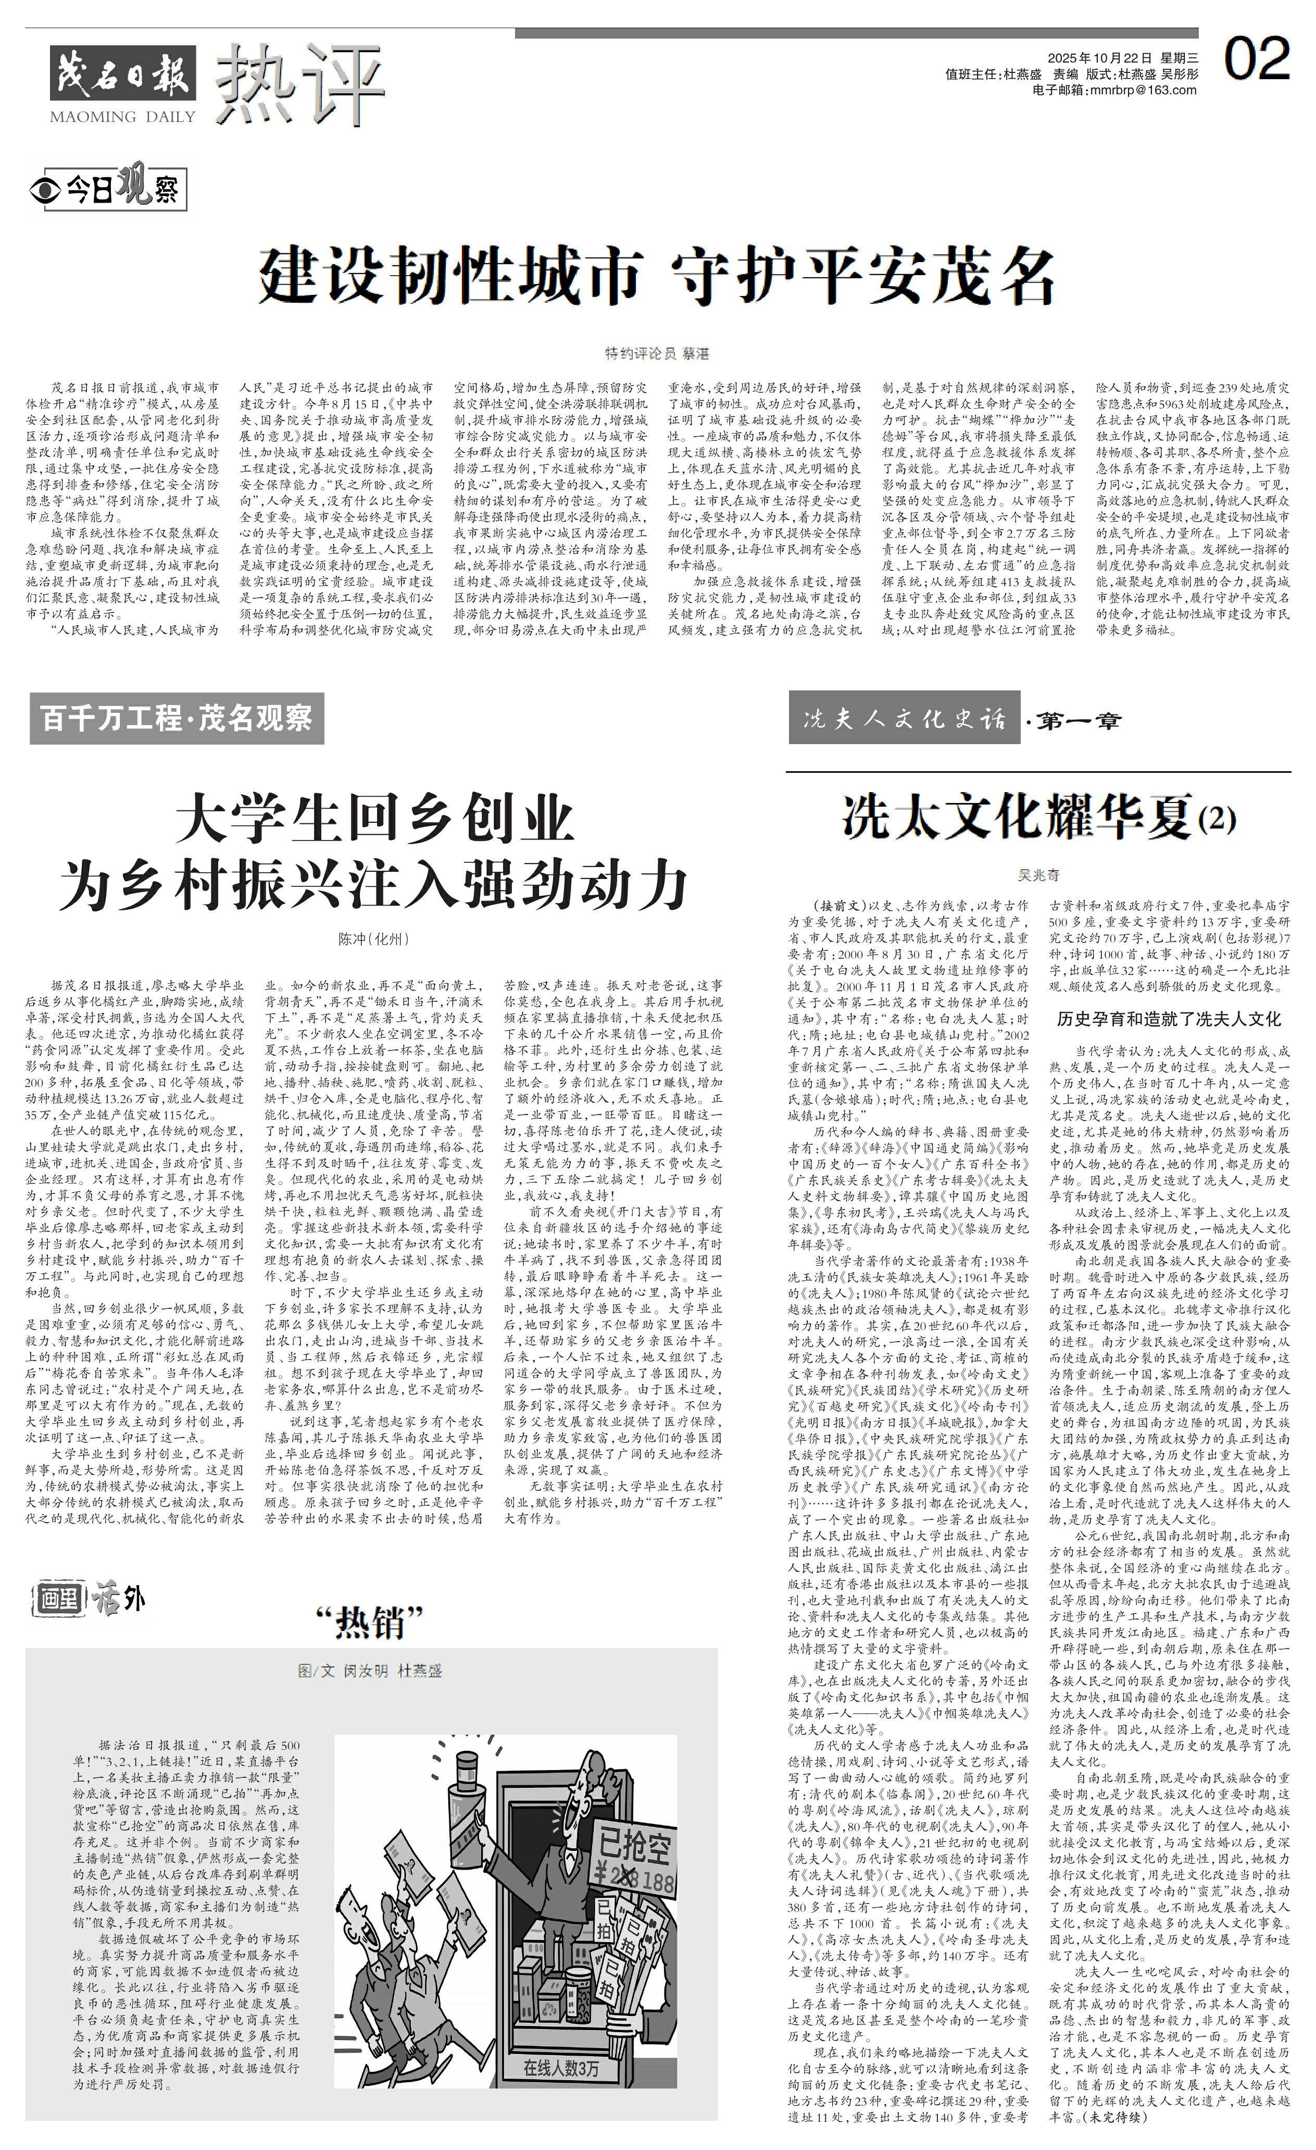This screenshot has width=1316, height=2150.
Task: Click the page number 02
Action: coord(1256,59)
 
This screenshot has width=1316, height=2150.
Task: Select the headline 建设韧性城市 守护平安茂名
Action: coord(657,276)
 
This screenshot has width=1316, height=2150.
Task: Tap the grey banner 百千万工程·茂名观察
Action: coord(177,718)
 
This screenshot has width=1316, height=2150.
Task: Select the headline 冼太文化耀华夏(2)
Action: coord(1038,818)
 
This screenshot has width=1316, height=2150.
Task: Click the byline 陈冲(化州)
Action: coord(373,939)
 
